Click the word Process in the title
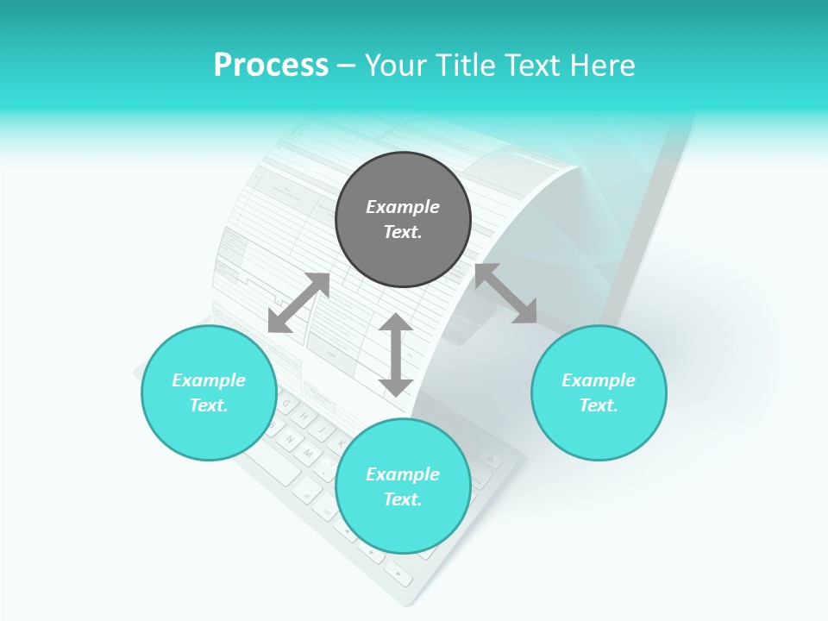pyautogui.click(x=271, y=66)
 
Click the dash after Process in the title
pyautogui.click(x=346, y=66)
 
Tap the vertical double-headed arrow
pyautogui.click(x=396, y=354)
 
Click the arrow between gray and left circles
pyautogui.click(x=298, y=303)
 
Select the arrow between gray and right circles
pyautogui.click(x=505, y=293)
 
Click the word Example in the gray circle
pyautogui.click(x=403, y=207)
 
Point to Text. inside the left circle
pyautogui.click(x=209, y=405)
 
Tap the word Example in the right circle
pyautogui.click(x=599, y=380)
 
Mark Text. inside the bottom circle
pyautogui.click(x=403, y=499)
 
